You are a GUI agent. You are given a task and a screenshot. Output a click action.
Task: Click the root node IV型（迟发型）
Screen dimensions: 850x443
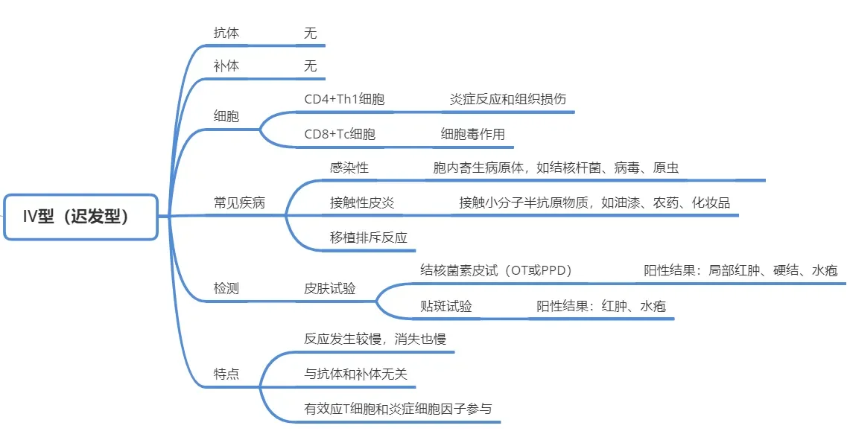80,217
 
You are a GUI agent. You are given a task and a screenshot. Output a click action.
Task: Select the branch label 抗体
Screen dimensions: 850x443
226,33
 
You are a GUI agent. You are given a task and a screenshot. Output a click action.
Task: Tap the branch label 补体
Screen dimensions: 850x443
226,66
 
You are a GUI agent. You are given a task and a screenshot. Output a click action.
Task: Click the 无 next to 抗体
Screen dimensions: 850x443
310,33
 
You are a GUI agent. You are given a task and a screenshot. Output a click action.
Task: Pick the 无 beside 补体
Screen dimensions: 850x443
310,66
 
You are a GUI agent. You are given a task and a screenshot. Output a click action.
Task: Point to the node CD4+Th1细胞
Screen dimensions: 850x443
344,99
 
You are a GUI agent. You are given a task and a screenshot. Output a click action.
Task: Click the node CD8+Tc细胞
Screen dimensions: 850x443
340,134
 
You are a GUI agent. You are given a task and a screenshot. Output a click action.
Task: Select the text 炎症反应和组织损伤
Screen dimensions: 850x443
508,99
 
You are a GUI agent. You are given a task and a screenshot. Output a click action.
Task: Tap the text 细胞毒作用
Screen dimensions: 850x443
473,134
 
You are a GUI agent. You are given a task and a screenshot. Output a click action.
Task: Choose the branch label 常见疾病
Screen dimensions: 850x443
239,203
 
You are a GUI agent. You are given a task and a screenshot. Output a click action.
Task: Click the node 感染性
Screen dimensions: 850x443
349,168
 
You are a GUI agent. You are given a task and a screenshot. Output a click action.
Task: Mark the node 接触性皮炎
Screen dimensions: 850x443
362,203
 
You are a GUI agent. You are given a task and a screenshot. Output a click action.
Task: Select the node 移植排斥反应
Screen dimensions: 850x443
369,238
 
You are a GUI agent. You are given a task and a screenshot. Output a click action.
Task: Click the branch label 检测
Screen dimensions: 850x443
226,288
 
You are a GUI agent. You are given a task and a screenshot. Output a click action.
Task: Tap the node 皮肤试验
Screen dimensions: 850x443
329,288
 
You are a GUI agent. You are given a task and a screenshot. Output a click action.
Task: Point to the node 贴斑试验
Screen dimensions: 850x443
446,306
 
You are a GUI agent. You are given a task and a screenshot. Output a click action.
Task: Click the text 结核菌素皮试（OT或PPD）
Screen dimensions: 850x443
496,270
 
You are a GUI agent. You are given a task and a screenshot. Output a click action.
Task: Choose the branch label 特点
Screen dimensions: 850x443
226,374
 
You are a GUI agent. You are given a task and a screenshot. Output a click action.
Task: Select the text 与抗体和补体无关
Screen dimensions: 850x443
355,374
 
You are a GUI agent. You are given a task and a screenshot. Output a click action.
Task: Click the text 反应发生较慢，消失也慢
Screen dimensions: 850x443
375,339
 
